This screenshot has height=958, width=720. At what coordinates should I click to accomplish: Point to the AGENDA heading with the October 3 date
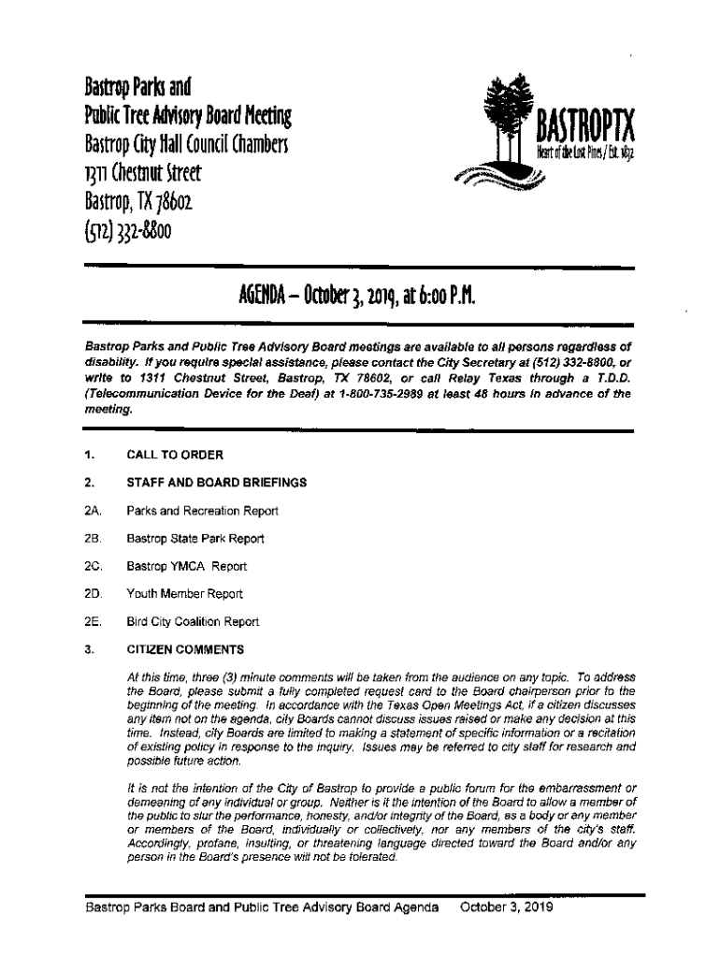pos(360,298)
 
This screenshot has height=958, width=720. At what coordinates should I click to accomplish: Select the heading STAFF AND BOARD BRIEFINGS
pos(217,483)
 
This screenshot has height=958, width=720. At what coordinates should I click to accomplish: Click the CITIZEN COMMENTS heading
pos(185,649)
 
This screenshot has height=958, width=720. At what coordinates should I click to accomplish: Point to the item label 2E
pos(92,622)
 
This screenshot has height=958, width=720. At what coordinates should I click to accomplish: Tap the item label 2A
pos(92,511)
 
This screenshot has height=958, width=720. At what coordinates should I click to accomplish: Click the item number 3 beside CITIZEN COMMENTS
pos(87,649)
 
